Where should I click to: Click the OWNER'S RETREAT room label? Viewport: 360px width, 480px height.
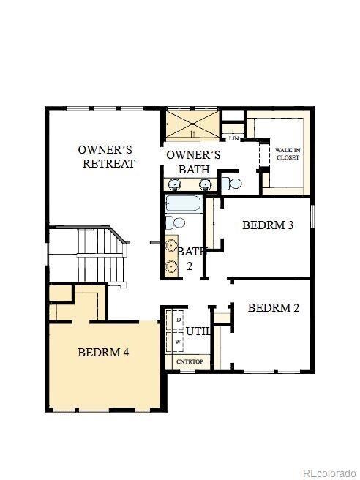106,157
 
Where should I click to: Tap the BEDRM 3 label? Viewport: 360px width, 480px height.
268,225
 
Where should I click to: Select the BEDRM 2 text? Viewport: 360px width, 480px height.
273,308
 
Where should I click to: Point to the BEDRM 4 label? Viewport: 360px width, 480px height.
103,353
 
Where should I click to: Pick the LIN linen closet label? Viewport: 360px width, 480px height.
233,138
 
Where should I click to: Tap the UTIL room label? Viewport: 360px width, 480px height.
198,331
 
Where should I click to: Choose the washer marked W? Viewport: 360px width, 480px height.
178,342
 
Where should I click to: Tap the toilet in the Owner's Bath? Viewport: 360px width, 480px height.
231,182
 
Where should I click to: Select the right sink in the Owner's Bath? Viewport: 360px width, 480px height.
206,183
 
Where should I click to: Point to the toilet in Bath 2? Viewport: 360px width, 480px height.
174,221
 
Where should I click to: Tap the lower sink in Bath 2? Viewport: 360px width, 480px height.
172,266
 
